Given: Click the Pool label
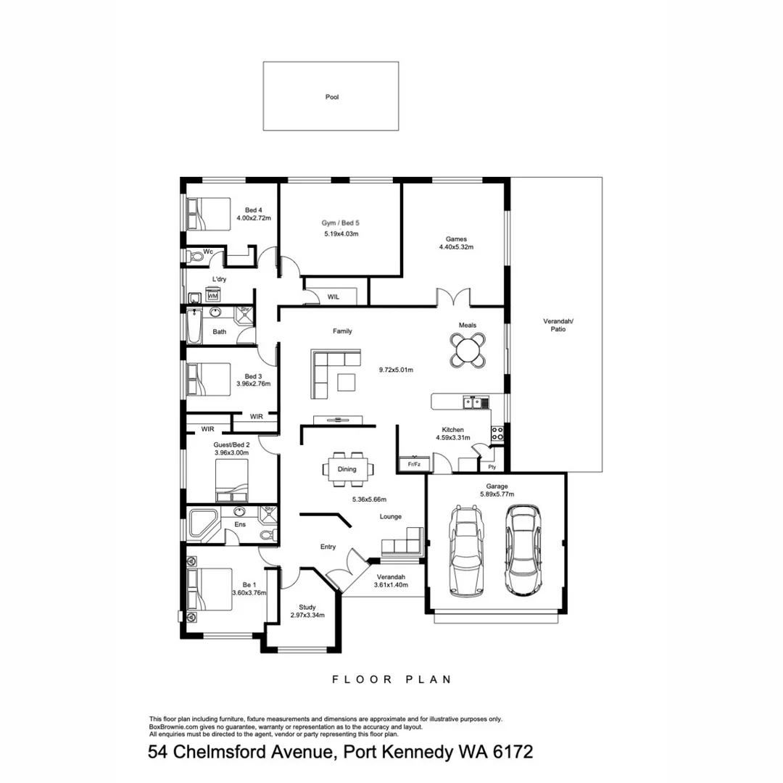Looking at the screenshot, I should tap(332, 96).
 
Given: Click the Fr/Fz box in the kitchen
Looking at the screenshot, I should tap(415, 463).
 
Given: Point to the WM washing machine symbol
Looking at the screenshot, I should tap(213, 296).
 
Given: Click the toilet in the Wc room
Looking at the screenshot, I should tap(196, 256).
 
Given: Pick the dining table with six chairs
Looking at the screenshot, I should tap(347, 468).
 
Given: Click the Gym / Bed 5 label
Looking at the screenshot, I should tap(341, 223).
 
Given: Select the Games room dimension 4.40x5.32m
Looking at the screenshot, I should tap(455, 247).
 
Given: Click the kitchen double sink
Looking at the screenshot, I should tap(474, 402).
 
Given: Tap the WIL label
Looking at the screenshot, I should tap(333, 297).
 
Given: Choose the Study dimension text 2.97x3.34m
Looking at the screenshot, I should tap(307, 615).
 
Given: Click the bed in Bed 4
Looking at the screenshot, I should tap(210, 215).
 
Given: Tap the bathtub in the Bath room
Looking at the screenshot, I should tap(194, 328).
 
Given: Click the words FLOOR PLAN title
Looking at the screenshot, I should tap(391, 679).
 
